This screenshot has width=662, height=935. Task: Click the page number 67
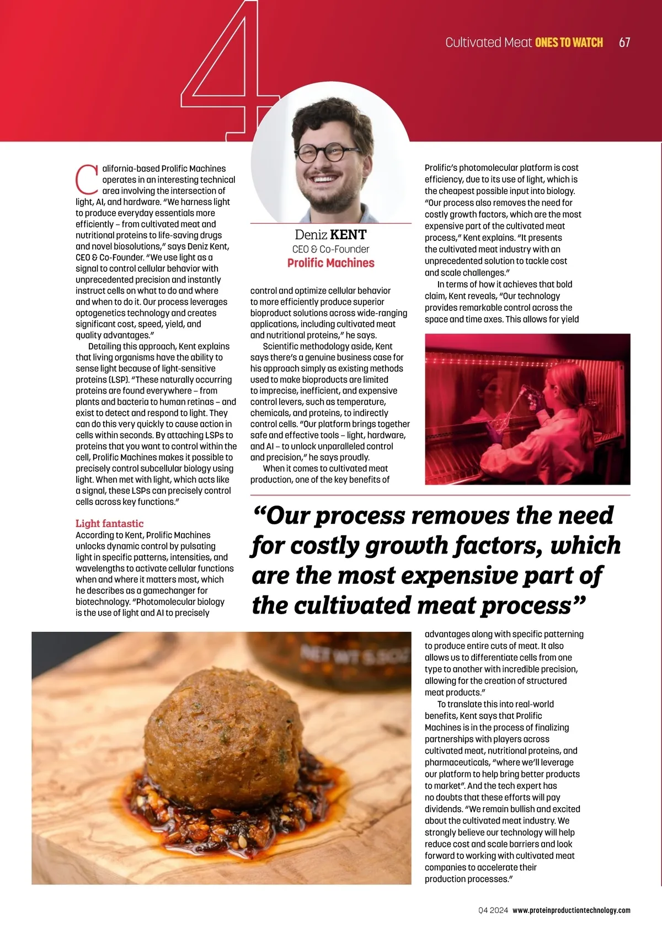(x=624, y=42)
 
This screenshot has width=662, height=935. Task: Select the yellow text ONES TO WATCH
(x=569, y=42)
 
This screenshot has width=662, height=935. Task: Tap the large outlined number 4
(x=221, y=72)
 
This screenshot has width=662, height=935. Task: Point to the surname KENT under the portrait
(x=348, y=235)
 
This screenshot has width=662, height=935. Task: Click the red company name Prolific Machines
(x=330, y=263)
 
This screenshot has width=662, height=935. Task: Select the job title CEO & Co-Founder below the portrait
(x=330, y=249)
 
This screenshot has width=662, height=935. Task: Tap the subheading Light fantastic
(x=109, y=523)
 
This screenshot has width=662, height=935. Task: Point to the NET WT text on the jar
(x=354, y=655)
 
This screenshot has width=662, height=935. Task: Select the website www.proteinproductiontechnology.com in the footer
(x=571, y=910)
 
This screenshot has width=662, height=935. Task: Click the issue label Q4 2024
(x=493, y=910)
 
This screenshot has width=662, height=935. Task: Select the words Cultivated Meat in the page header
(x=488, y=42)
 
